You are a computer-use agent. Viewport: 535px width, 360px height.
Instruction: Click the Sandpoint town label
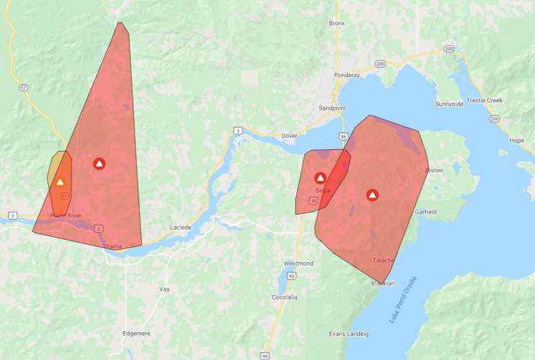click(332, 108)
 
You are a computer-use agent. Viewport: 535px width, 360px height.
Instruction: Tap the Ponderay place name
click(346, 75)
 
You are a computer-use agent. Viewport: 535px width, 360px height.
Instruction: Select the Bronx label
click(337, 23)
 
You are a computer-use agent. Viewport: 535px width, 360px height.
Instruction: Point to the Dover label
click(289, 135)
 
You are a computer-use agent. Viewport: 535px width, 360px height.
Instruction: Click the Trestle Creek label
click(485, 100)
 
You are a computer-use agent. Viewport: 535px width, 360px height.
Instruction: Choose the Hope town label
click(516, 140)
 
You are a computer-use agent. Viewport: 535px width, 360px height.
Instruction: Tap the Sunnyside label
click(449, 104)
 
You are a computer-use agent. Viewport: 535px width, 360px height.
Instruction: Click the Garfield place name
click(426, 212)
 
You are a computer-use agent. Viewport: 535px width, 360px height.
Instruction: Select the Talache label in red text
click(383, 260)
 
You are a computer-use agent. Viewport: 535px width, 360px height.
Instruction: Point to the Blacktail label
click(382, 283)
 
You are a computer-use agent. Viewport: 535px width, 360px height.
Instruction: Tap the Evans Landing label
click(349, 333)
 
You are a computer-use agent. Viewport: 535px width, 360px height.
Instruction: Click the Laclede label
click(181, 228)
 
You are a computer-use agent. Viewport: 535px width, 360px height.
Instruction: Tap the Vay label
click(164, 289)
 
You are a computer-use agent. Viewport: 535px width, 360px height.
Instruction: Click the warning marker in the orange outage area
click(60, 182)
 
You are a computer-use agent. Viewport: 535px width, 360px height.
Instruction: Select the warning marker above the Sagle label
click(320, 178)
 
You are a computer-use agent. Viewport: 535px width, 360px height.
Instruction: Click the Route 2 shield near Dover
click(237, 130)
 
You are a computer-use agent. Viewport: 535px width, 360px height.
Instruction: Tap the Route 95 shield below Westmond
click(291, 275)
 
